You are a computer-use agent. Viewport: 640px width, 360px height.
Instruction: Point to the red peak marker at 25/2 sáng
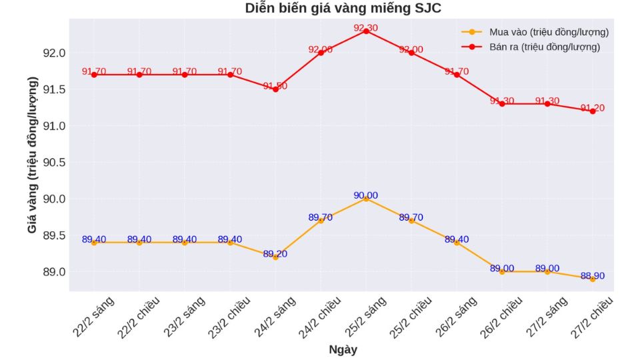(366, 31)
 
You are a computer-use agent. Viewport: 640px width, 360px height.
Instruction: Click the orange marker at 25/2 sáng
(366, 199)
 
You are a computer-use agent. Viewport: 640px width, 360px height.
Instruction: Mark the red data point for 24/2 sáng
(275, 89)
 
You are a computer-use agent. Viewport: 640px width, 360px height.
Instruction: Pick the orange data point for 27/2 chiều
(593, 279)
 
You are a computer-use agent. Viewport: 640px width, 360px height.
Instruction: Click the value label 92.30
(365, 28)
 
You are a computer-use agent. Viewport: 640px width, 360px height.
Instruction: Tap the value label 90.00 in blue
(365, 195)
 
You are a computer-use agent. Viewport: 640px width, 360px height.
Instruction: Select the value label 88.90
(592, 276)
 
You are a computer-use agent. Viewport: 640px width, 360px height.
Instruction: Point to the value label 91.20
(592, 108)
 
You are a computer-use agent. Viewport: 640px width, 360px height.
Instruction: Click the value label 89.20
(275, 254)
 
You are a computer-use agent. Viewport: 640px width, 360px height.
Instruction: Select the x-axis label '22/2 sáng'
(94, 317)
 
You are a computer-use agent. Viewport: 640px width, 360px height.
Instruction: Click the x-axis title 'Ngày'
(343, 349)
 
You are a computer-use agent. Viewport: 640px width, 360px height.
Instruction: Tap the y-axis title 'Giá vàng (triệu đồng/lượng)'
(32, 155)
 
